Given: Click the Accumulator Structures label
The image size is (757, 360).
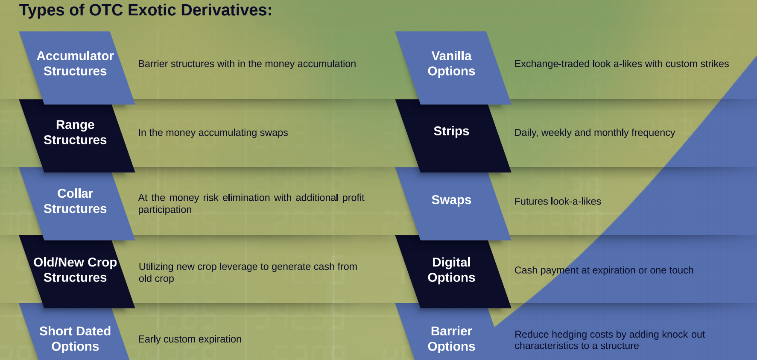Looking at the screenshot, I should [75, 63].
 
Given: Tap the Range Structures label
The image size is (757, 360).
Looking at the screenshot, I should [75, 132].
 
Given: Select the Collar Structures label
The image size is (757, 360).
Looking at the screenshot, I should [75, 201].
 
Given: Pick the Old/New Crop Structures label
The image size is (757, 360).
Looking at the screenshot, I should [75, 269].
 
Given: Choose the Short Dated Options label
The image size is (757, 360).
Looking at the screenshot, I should [75, 338].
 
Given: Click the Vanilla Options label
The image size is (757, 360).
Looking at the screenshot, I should [451, 63].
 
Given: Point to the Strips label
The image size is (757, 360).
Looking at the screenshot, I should [451, 131].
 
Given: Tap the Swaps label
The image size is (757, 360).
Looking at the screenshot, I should [451, 199].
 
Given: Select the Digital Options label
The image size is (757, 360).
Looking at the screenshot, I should [451, 269].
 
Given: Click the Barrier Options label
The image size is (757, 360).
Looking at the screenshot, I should [451, 338].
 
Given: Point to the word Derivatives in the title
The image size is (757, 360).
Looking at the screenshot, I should [226, 10].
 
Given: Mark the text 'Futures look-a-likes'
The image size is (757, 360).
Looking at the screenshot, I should [558, 201].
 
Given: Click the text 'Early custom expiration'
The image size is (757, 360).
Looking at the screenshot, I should [190, 339].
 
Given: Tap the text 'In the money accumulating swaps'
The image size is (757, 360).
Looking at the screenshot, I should [213, 132].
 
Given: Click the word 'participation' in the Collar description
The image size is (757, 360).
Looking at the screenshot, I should [165, 210].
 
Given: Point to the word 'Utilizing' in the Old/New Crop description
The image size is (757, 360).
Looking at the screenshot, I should [156, 266].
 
